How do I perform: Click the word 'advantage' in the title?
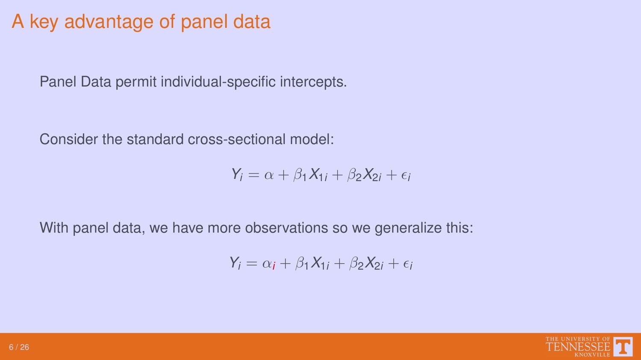(109, 22)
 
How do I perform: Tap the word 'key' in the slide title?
(44, 22)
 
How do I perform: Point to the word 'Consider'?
(69, 139)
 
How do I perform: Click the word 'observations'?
(286, 228)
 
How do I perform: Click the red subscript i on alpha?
(274, 266)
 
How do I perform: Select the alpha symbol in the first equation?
(269, 175)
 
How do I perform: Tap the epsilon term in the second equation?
(408, 264)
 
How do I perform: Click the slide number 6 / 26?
(19, 347)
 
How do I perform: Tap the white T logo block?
(623, 347)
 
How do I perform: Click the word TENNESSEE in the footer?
(578, 347)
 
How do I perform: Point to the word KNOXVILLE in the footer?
(592, 355)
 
